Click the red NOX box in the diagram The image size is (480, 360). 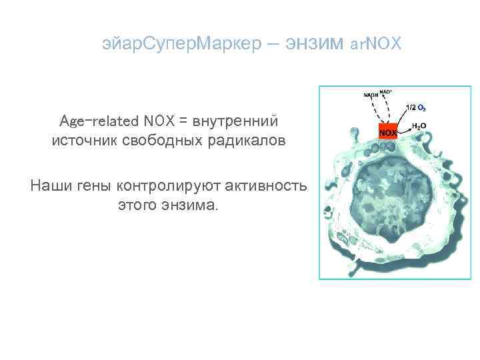388,131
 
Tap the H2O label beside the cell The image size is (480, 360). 419,125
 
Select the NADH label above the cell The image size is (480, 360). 371,95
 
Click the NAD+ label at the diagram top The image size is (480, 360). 386,91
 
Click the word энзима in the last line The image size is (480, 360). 188,204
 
